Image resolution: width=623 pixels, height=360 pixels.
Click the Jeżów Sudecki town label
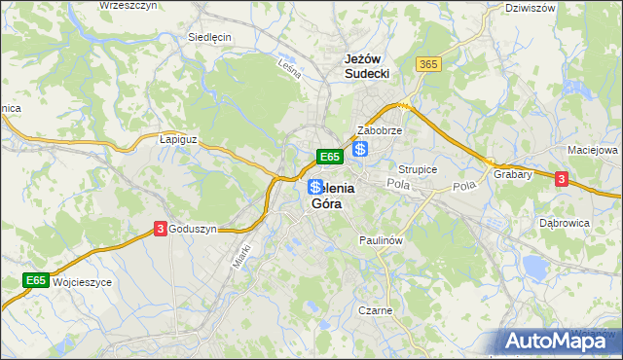(x=367, y=65)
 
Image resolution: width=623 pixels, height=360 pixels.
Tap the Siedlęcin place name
(x=208, y=38)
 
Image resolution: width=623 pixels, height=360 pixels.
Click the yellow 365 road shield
(x=428, y=63)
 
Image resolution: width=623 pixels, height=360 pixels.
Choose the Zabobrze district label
(x=380, y=129)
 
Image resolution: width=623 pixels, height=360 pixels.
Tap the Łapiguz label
(x=178, y=139)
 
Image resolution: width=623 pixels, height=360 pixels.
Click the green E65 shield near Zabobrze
(x=329, y=156)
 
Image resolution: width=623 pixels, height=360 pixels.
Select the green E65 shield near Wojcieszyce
(x=36, y=281)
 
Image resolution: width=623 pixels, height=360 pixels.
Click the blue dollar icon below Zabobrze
(x=360, y=149)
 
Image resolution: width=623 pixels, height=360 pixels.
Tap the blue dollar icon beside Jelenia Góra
(x=314, y=186)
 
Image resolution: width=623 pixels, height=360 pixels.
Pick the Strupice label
(x=418, y=169)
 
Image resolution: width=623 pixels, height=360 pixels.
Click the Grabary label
(x=512, y=175)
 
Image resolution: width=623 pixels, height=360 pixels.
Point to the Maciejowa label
(x=592, y=151)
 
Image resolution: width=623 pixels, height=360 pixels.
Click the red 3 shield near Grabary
(x=561, y=179)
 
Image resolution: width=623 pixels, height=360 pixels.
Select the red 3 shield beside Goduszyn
(x=159, y=229)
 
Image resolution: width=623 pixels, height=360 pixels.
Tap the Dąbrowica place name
(x=565, y=222)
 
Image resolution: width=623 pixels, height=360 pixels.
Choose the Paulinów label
(x=381, y=239)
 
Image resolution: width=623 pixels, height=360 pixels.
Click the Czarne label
(x=375, y=311)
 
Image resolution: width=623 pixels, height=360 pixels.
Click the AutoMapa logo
(x=558, y=341)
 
